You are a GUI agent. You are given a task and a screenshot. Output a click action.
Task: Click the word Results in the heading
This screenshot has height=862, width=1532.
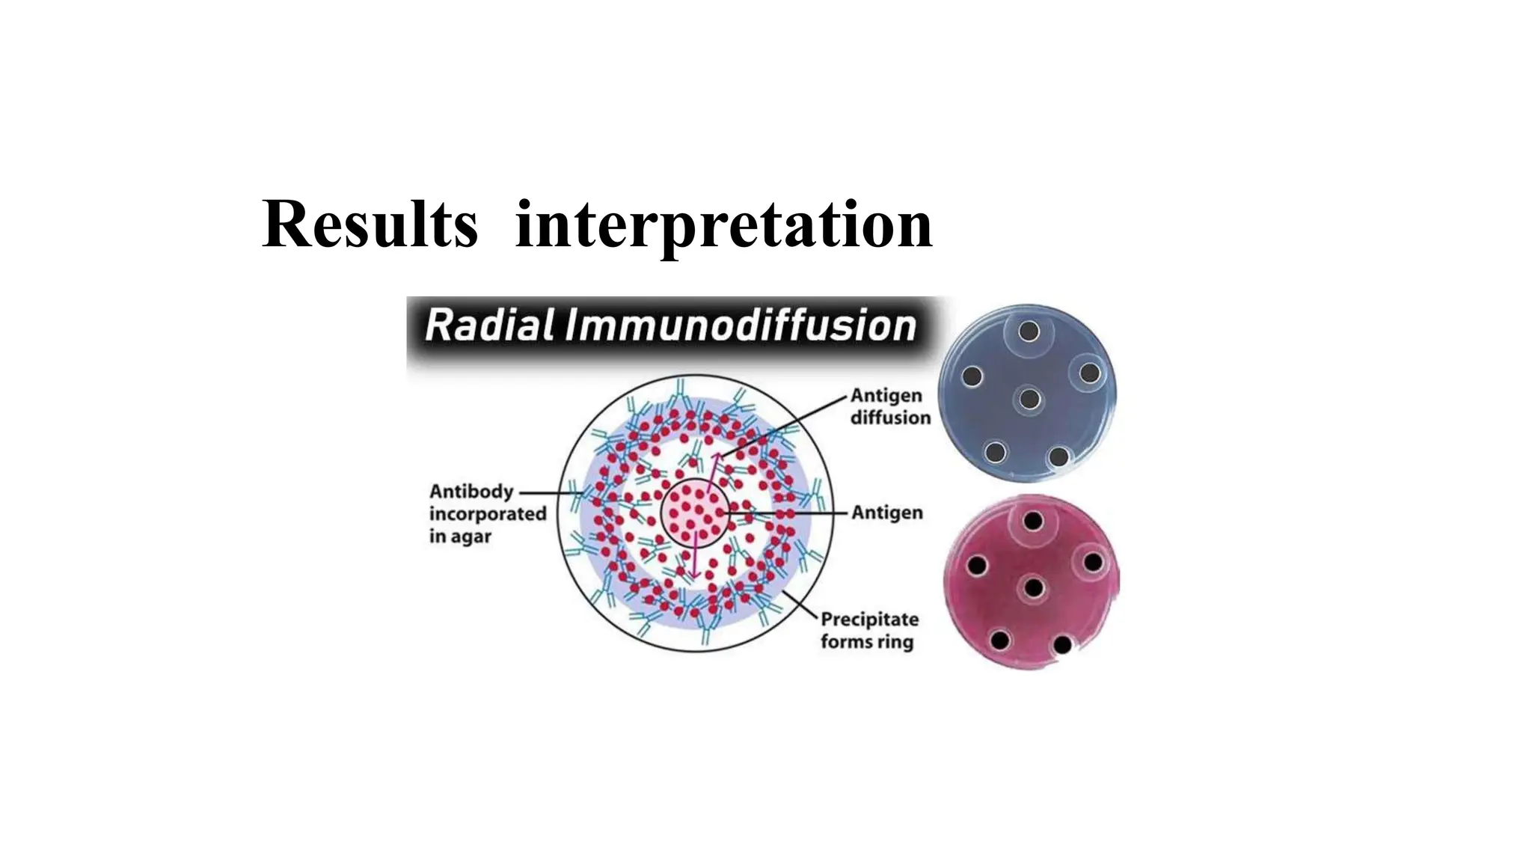click(370, 224)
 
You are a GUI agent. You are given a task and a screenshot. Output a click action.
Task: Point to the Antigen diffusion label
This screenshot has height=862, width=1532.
click(889, 406)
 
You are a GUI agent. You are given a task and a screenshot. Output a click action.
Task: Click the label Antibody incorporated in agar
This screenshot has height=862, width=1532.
click(487, 513)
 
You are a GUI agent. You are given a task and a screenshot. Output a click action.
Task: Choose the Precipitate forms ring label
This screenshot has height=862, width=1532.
click(869, 630)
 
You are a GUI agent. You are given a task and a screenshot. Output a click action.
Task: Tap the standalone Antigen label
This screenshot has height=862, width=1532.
click(887, 513)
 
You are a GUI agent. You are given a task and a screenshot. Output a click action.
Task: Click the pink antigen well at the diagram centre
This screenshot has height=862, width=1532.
click(695, 513)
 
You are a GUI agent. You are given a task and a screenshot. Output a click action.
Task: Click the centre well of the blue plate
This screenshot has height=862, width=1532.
click(1029, 399)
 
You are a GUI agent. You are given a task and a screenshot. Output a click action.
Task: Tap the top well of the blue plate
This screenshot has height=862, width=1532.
click(1029, 331)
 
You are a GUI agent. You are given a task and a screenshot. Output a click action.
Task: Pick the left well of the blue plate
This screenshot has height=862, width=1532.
click(972, 376)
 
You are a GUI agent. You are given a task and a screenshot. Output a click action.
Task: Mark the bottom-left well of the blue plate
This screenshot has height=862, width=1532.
click(995, 453)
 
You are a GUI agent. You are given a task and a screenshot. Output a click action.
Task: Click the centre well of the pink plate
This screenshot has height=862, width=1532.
click(1033, 587)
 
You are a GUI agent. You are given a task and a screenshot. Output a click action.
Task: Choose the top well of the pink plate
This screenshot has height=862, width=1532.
click(1033, 521)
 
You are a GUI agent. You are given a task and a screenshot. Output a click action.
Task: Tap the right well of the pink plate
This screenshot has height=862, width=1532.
click(1092, 561)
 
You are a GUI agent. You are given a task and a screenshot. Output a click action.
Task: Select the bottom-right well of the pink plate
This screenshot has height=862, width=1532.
click(1062, 644)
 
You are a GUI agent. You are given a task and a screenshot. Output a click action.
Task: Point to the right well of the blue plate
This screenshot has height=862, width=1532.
click(1089, 373)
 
